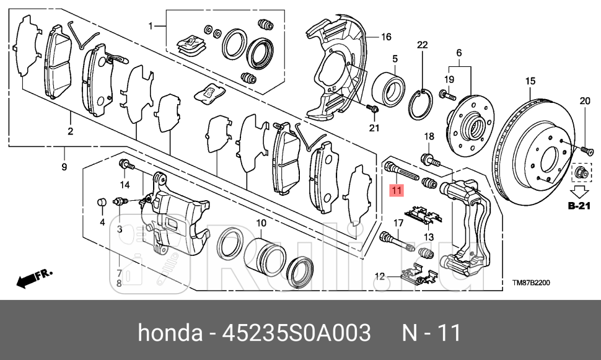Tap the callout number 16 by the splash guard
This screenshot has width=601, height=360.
click(x=385, y=37)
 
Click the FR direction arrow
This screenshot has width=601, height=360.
click(x=34, y=278)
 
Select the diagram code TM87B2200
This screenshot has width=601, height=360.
click(x=531, y=283)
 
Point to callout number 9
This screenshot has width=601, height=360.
click(x=64, y=167)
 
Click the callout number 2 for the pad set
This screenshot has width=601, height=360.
click(x=71, y=131)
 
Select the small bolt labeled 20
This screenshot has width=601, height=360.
click(x=586, y=149)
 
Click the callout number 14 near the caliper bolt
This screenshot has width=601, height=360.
click(x=125, y=185)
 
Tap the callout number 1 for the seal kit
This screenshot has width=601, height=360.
click(x=150, y=26)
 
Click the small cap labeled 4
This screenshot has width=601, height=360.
click(x=101, y=203)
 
